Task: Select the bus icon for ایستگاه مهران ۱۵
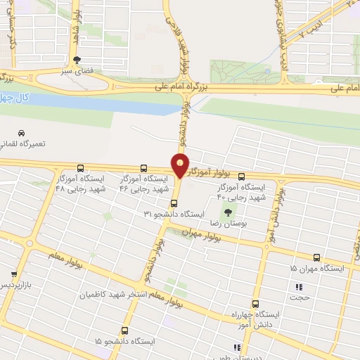(x=316, y=258)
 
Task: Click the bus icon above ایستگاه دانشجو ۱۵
(x=125, y=330)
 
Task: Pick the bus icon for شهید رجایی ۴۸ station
(x=80, y=169)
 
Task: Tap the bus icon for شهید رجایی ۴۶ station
(x=144, y=169)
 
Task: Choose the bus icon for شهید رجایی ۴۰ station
(x=242, y=176)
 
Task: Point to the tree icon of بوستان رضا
(x=226, y=212)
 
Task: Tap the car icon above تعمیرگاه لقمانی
(x=21, y=133)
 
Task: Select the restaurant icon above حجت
(x=299, y=287)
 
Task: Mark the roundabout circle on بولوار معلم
(x=30, y=243)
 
